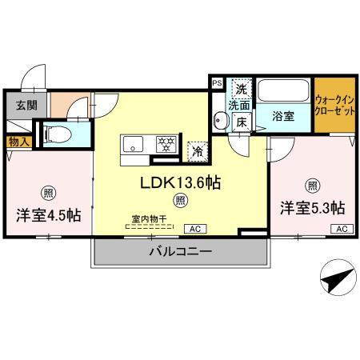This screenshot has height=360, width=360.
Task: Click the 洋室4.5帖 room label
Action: click(x=46, y=216)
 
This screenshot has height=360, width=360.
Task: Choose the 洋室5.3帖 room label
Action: click(x=312, y=208)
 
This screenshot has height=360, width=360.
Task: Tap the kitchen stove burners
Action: click(x=166, y=145)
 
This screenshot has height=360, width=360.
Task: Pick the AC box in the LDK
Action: click(x=194, y=229)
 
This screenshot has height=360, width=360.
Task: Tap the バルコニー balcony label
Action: click(x=180, y=252)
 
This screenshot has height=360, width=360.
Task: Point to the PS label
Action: click(x=217, y=82)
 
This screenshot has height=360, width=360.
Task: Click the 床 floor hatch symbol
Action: click(x=242, y=122)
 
